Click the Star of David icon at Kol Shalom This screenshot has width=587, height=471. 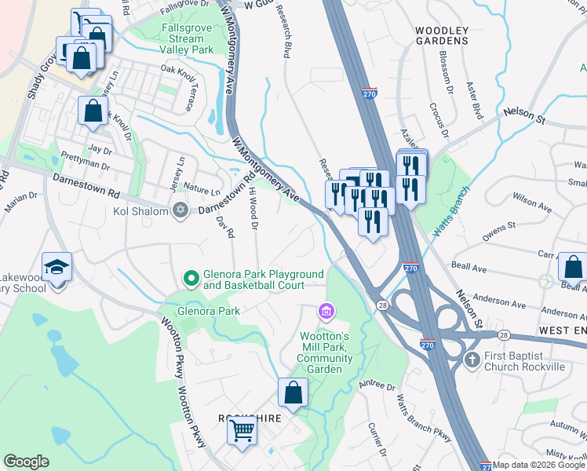tap(180, 210)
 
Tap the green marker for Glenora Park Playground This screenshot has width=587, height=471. tap(190, 278)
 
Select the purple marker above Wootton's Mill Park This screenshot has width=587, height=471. tap(326, 313)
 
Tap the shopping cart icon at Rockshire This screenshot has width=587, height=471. tap(243, 431)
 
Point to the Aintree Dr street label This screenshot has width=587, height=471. tap(378, 387)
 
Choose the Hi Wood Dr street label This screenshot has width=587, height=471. tap(253, 209)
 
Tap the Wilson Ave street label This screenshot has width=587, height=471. tap(531, 203)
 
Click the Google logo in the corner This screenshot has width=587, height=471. tap(26, 462)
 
